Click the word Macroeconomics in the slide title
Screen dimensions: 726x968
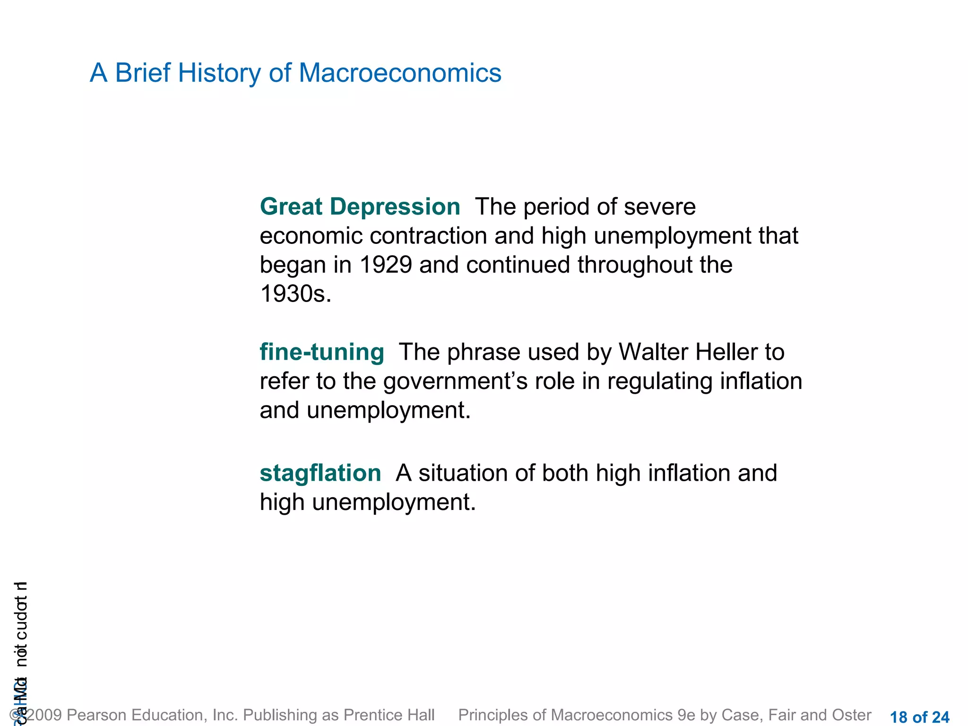(x=399, y=73)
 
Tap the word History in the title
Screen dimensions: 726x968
(x=219, y=73)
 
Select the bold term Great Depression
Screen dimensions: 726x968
(x=360, y=207)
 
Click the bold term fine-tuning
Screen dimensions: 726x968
(x=322, y=352)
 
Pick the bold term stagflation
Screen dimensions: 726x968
(x=320, y=473)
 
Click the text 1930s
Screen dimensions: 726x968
(x=295, y=294)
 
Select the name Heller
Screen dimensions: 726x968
(x=728, y=352)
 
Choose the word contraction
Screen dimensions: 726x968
(x=428, y=236)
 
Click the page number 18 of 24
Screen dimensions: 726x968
(x=919, y=717)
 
